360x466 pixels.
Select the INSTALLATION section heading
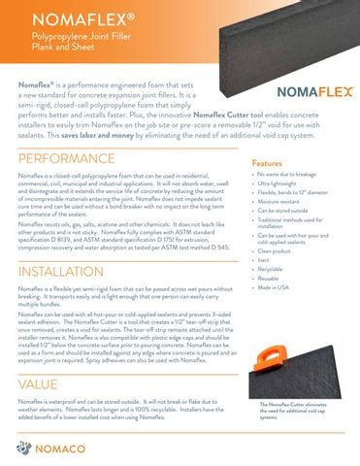pyautogui.click(x=67, y=271)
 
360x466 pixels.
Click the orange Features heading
pyautogui.click(x=267, y=163)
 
